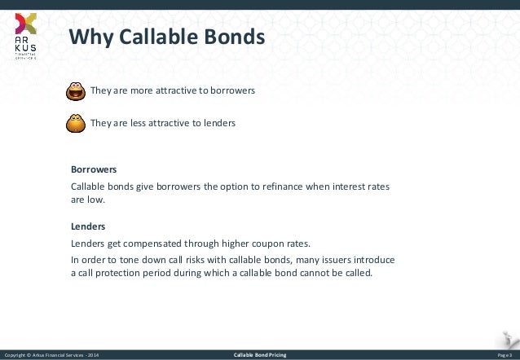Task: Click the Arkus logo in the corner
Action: point(25,37)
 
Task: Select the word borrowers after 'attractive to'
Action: point(233,91)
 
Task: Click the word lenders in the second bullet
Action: point(218,124)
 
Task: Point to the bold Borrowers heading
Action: point(94,170)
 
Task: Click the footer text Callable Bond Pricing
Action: point(259,356)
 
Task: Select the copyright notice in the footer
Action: point(53,356)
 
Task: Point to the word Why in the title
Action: point(85,37)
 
